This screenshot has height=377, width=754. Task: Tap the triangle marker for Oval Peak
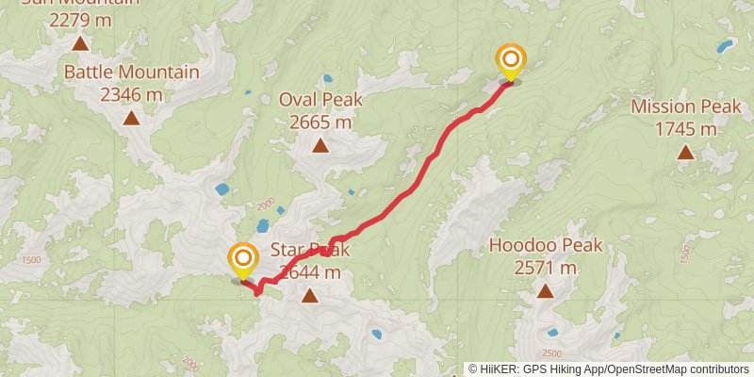point(320,145)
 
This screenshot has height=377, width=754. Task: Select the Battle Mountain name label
point(131,73)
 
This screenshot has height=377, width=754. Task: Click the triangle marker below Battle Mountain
point(131,118)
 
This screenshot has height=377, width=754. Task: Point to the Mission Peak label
point(686,107)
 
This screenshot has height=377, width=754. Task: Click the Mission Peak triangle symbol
point(685,152)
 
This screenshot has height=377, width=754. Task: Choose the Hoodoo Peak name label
point(545,246)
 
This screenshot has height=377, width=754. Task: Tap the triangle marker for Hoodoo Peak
point(545,291)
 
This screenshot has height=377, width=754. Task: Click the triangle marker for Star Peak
point(309,296)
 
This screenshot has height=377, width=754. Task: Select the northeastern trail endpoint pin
point(510,61)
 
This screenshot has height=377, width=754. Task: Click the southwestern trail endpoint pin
point(243,259)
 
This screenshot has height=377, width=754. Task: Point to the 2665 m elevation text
point(320,122)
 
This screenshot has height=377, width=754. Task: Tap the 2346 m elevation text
point(131,94)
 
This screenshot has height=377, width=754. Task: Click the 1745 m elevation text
point(686,128)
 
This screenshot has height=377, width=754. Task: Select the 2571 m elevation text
point(545,268)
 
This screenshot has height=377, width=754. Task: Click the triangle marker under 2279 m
point(80,43)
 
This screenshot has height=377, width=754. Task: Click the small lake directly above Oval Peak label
point(327,78)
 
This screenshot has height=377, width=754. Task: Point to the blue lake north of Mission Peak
point(724,45)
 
